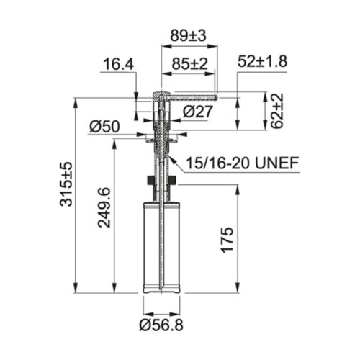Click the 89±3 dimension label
click(187, 36)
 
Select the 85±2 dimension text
click(189, 64)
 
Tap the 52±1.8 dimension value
click(262, 61)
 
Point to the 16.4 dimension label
click(118, 66)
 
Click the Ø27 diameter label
click(197, 111)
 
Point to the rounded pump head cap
click(160, 94)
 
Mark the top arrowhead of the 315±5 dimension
click(76, 96)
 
